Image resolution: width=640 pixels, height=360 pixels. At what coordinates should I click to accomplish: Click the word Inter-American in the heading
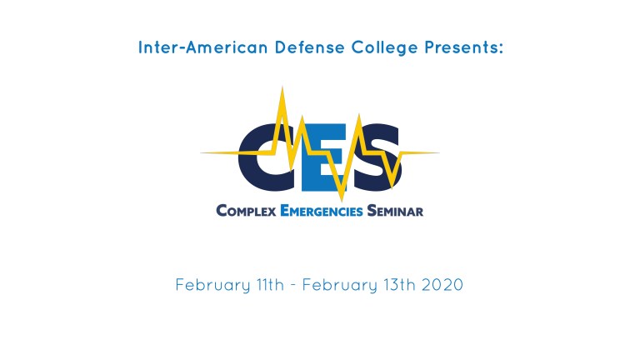tap(202, 47)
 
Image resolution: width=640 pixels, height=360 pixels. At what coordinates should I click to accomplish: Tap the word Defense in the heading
tap(310, 47)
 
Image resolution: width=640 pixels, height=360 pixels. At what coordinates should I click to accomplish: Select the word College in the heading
tap(384, 48)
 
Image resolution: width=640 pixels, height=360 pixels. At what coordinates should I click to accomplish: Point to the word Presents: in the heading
tap(463, 47)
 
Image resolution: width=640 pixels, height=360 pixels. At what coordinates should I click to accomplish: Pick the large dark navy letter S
tap(377, 157)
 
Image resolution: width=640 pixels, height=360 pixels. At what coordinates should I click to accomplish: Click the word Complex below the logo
tap(246, 211)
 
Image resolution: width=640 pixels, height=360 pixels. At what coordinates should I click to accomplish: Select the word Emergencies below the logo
tap(322, 211)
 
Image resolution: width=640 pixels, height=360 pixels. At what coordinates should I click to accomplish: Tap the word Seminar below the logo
tap(395, 211)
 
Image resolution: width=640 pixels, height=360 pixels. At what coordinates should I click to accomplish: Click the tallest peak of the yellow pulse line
tap(282, 87)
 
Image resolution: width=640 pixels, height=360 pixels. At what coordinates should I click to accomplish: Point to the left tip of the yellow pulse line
tap(201, 153)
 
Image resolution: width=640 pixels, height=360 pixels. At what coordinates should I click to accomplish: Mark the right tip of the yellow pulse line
tap(439, 153)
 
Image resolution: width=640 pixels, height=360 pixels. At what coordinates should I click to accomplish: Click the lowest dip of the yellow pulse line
tap(342, 201)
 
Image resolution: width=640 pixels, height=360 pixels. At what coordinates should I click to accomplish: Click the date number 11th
tap(270, 284)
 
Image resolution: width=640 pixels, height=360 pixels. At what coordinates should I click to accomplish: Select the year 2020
tap(442, 284)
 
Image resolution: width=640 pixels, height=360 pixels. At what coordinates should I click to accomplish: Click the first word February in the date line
tap(212, 285)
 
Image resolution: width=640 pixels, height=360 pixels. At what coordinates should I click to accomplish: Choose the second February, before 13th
tap(340, 285)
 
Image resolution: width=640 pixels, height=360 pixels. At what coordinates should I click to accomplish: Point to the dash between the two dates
tap(293, 286)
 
